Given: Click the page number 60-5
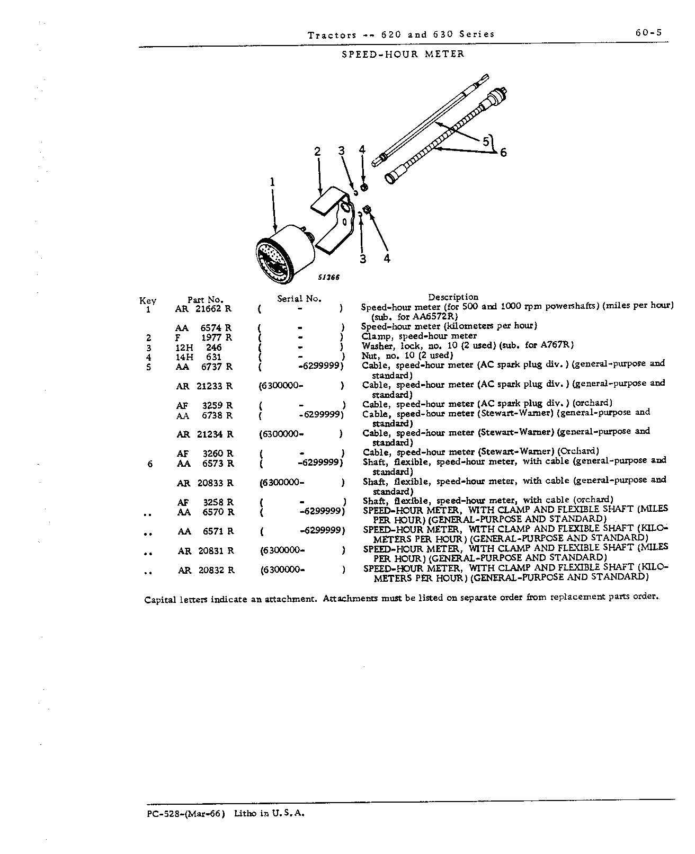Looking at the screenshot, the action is (648, 33).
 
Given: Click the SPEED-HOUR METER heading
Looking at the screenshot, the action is (403, 54).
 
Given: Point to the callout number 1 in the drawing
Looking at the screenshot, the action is (273, 182).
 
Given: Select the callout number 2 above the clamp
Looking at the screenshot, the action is (317, 152).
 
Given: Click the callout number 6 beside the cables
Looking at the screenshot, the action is (503, 153).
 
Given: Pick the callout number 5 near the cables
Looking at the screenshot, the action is (486, 141).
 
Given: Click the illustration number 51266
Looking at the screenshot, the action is (328, 278).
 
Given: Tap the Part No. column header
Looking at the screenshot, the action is (205, 300).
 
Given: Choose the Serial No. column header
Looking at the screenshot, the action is (299, 299).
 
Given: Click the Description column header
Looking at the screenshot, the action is (453, 297).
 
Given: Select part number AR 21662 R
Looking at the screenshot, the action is (203, 309).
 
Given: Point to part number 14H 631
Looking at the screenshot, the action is (199, 357).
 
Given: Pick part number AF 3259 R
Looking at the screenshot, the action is (204, 405).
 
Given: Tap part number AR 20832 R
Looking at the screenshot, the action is (206, 570).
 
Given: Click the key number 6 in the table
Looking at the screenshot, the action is (150, 464).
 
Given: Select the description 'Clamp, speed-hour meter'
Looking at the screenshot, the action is (419, 336).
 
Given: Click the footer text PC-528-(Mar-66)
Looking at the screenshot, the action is (186, 814).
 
